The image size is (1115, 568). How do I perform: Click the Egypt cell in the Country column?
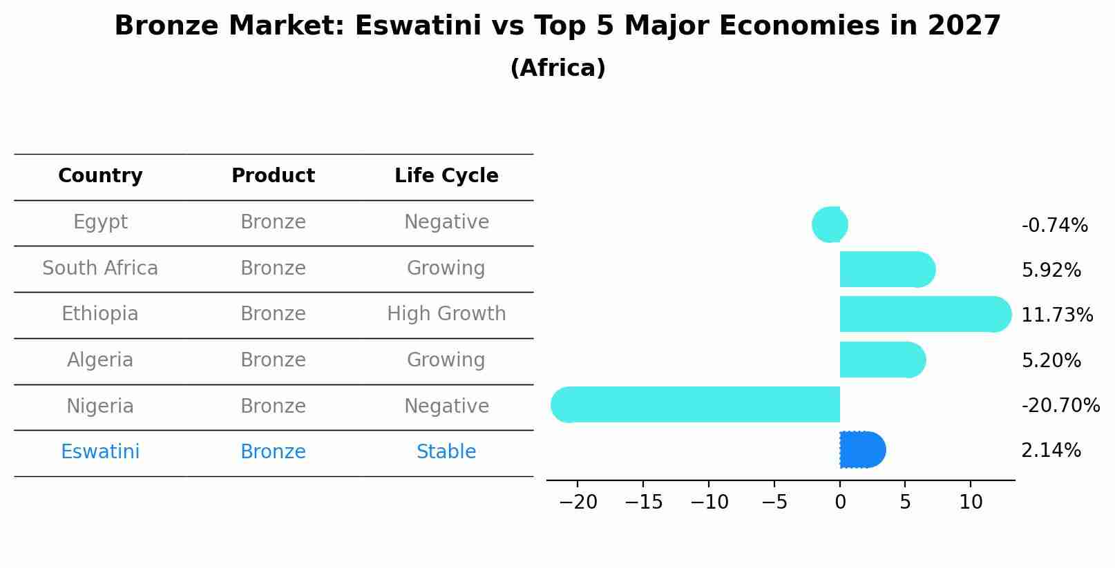pyautogui.click(x=100, y=222)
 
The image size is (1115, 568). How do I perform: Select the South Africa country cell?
pyautogui.click(x=100, y=268)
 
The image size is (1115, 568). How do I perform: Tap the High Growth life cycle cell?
pyautogui.click(x=446, y=314)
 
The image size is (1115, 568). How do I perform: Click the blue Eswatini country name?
pyautogui.click(x=100, y=452)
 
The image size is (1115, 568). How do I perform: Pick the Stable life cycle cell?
pyautogui.click(x=446, y=452)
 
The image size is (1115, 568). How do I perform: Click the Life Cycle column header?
pyautogui.click(x=446, y=176)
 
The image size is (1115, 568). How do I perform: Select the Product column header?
pyautogui.click(x=273, y=176)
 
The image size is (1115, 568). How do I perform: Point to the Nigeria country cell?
pyautogui.click(x=100, y=407)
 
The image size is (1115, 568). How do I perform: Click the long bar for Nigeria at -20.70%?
pyautogui.click(x=698, y=404)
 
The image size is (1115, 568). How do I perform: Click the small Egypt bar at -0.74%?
pyautogui.click(x=830, y=224)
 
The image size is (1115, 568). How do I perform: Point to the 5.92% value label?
pyautogui.click(x=1051, y=271)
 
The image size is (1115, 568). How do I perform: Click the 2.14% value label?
pyautogui.click(x=1051, y=451)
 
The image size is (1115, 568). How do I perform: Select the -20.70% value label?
pyautogui.click(x=1060, y=406)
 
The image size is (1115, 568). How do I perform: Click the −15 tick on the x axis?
pyautogui.click(x=643, y=502)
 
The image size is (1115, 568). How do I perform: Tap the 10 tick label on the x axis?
pyautogui.click(x=971, y=502)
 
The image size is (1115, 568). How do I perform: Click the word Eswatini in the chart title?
pyautogui.click(x=417, y=26)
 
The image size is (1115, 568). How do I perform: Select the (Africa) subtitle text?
pyautogui.click(x=557, y=68)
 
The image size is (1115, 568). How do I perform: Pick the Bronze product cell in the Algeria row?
pyautogui.click(x=273, y=360)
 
